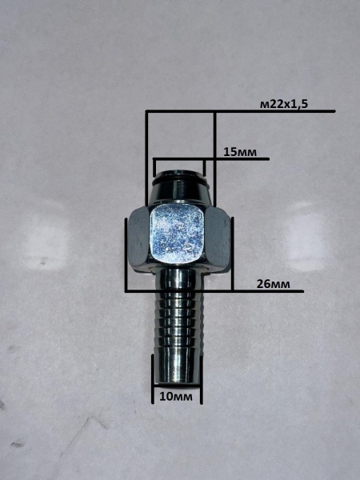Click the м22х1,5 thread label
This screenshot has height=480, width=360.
coord(284,105)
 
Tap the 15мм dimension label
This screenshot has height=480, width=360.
coord(240,152)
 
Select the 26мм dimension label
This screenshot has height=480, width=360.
coord(273,284)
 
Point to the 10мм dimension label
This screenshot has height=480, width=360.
coord(176,397)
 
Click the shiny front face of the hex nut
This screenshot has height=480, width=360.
coord(178,234)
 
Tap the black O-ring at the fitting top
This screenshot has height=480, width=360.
coord(178,178)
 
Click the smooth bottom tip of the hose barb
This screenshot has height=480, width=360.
coord(178,366)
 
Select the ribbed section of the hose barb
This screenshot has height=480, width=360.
coord(178,322)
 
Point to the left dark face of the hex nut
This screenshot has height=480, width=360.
coord(139,238)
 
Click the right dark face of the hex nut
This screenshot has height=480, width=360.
coord(217,238)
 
